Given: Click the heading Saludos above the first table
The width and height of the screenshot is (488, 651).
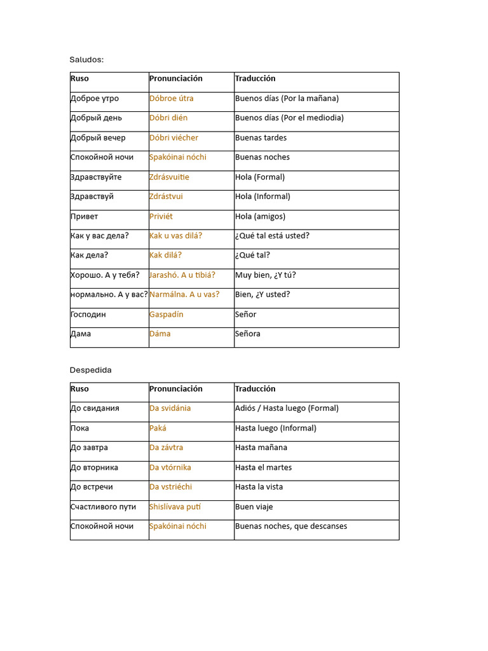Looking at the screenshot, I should (86, 60).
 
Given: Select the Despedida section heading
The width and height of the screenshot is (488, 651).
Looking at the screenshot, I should (90, 370).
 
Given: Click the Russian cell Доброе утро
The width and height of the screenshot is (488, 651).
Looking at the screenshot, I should (95, 99).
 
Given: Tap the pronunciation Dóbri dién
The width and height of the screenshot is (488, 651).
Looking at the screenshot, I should (168, 118).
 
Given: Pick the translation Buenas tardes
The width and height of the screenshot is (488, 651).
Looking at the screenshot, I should (261, 137).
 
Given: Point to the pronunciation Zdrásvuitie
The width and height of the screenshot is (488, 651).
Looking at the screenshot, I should (169, 177).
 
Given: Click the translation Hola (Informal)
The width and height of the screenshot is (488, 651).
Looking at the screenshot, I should (262, 196).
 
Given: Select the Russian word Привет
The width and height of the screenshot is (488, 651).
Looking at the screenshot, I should (85, 216).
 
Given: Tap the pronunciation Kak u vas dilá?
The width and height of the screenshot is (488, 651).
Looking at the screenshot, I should (176, 236).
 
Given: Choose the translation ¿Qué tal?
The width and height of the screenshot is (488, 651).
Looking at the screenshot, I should (252, 255).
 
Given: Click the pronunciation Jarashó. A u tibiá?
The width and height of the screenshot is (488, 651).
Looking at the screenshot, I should (182, 275).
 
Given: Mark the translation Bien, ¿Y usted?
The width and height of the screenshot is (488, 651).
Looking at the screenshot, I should (262, 294).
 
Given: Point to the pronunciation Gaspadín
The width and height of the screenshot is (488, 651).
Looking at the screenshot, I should (166, 314).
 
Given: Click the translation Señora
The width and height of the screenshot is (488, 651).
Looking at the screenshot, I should (248, 334).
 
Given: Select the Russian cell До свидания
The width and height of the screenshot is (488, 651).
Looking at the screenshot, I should (95, 408).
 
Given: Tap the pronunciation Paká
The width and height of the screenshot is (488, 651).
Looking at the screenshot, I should (158, 428).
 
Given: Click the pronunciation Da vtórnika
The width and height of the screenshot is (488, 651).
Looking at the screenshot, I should (170, 467).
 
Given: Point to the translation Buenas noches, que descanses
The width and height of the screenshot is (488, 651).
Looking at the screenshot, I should (291, 526).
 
